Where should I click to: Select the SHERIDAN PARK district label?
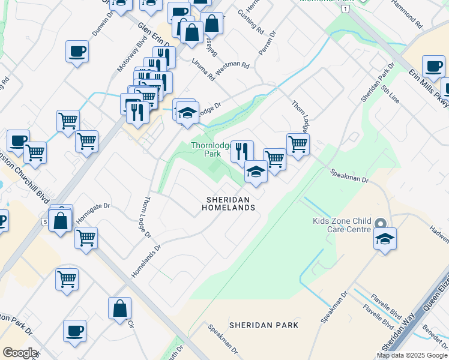click(x=264, y=325)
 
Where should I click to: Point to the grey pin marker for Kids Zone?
click(x=380, y=223)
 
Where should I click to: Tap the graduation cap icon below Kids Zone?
click(x=385, y=239)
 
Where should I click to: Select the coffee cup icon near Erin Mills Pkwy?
click(x=433, y=66)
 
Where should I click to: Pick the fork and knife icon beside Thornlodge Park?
click(x=242, y=151)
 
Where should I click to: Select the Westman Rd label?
click(x=232, y=67)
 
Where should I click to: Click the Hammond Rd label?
click(x=408, y=14)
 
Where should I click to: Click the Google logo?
click(x=20, y=353)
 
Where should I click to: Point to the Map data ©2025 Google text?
click(x=412, y=355)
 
